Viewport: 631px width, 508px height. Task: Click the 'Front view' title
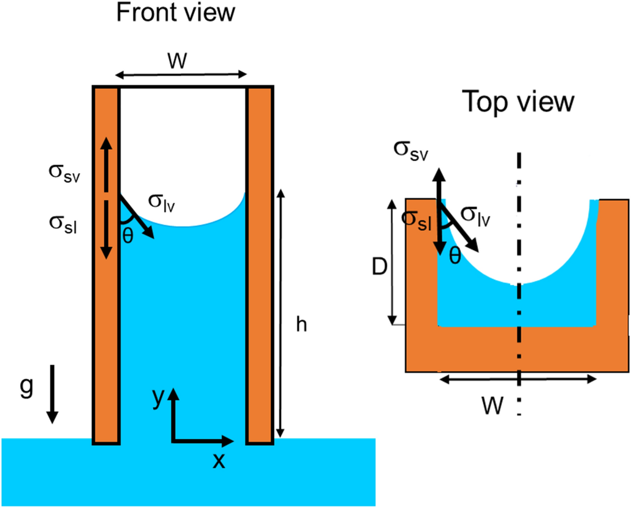pyautogui.click(x=176, y=13)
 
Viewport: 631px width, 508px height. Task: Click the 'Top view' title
pyautogui.click(x=518, y=102)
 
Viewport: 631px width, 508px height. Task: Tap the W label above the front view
pyautogui.click(x=177, y=61)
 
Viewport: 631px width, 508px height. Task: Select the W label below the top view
pyautogui.click(x=492, y=406)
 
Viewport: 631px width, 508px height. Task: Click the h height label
pyautogui.click(x=301, y=325)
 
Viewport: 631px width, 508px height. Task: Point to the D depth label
pyautogui.click(x=379, y=267)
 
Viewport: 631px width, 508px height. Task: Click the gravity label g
pyautogui.click(x=27, y=386)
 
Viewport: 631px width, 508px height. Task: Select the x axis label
pyautogui.click(x=219, y=461)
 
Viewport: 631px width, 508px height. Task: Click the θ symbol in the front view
pyautogui.click(x=128, y=236)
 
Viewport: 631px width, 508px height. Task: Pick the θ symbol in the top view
pyautogui.click(x=455, y=256)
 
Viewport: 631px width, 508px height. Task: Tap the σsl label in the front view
pyautogui.click(x=63, y=224)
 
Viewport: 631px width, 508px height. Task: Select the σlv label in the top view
pyautogui.click(x=475, y=216)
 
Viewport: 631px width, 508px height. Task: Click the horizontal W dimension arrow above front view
pyautogui.click(x=181, y=75)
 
